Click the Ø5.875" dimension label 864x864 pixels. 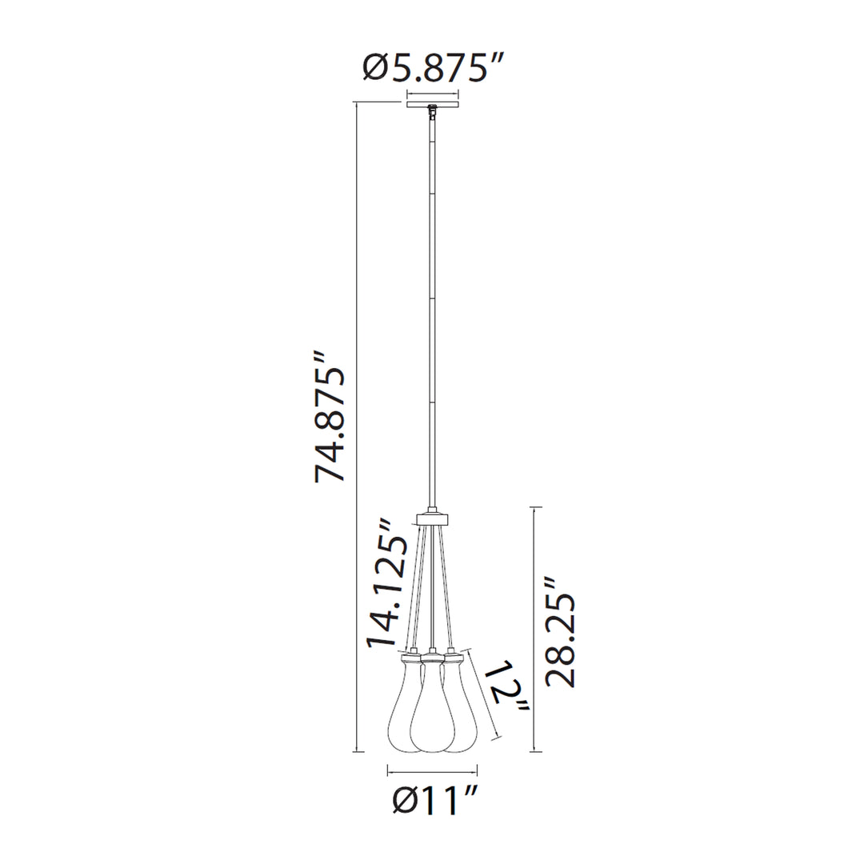[x=433, y=69]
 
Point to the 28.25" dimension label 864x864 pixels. [x=560, y=633]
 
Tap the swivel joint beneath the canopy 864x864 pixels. [x=433, y=113]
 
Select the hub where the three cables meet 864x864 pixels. [x=433, y=518]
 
